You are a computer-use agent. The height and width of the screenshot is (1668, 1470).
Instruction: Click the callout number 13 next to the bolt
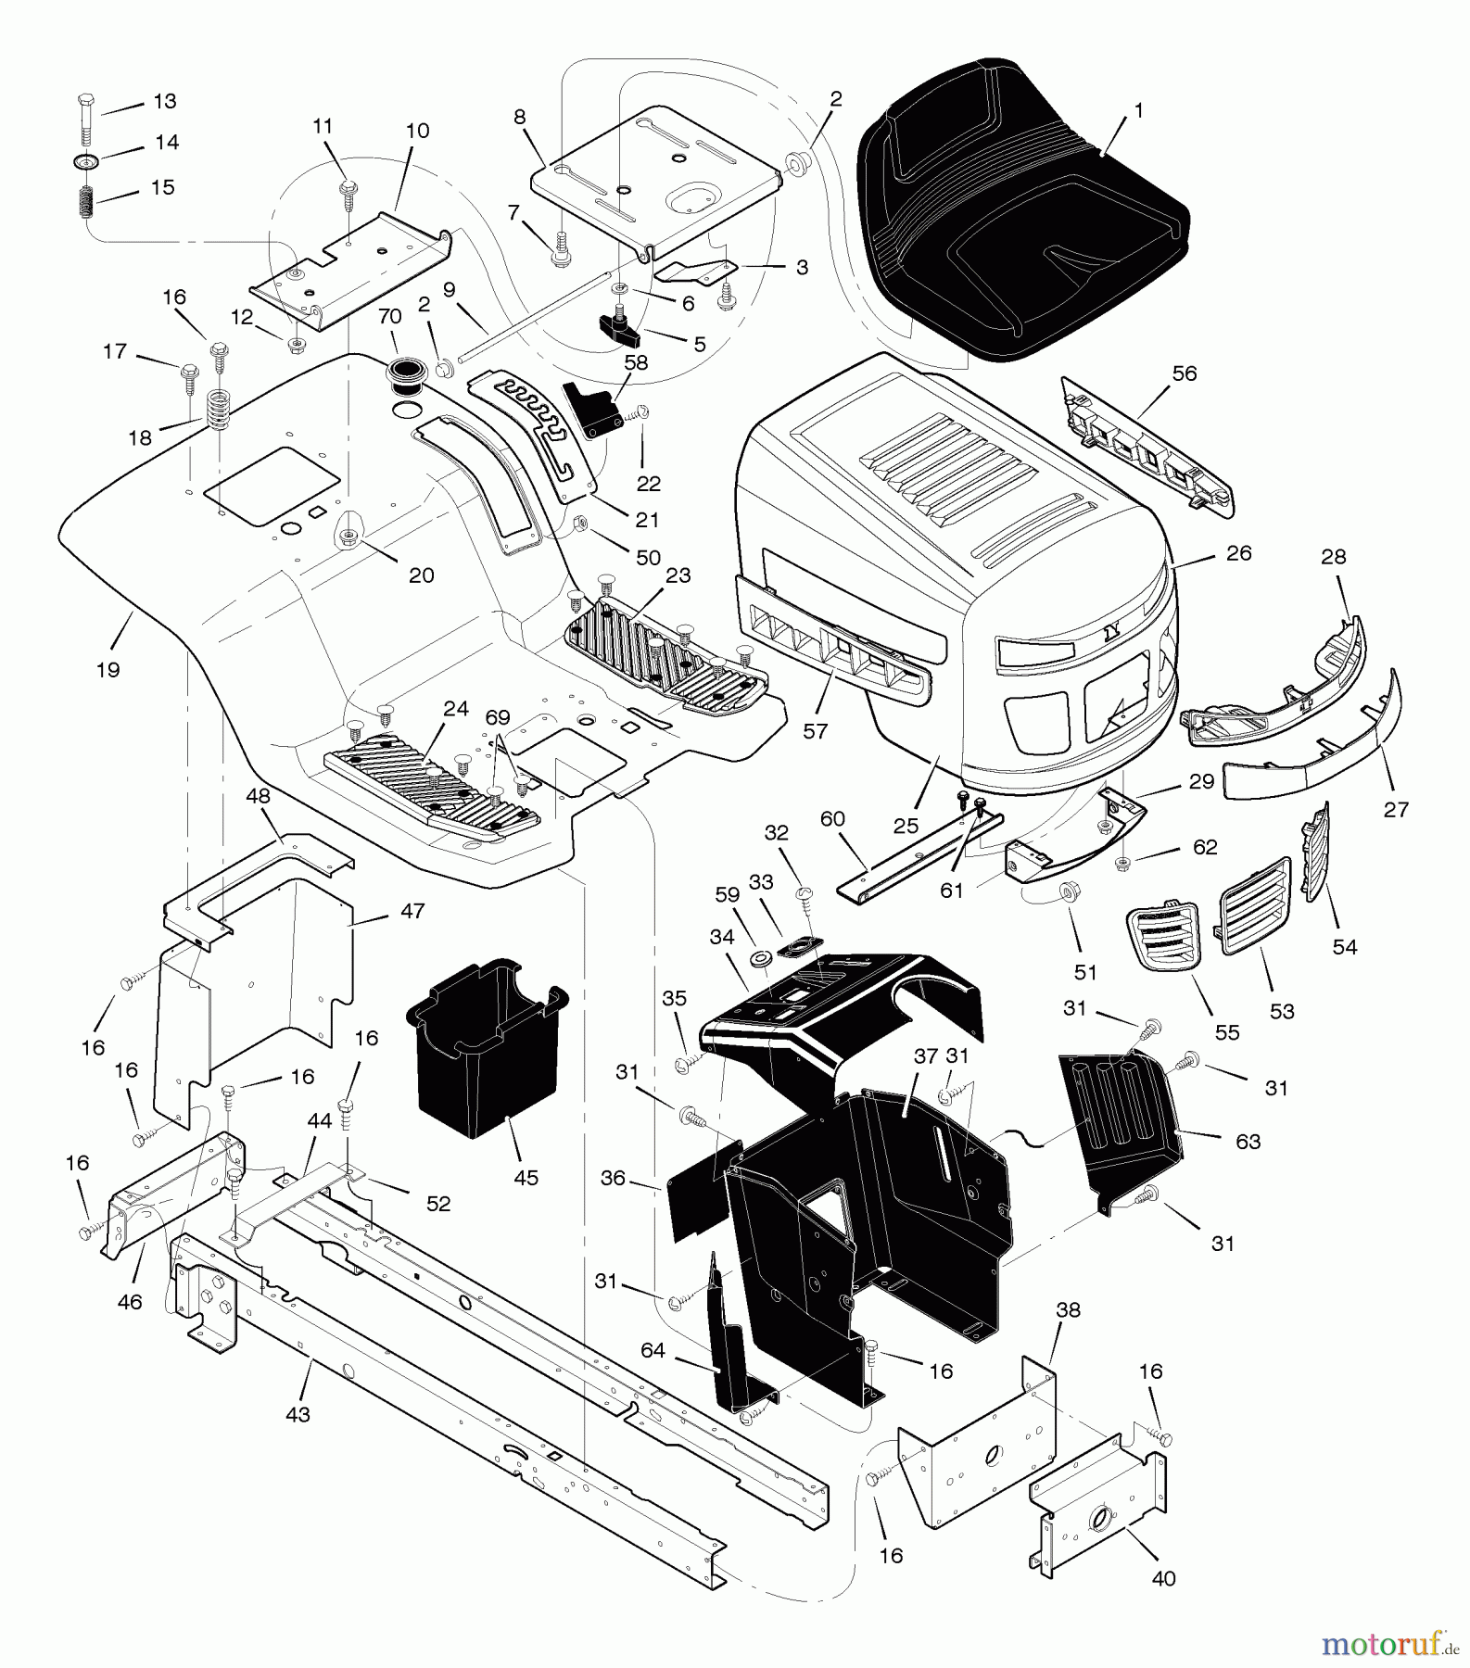point(164,101)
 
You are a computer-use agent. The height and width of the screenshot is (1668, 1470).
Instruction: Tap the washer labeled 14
point(87,162)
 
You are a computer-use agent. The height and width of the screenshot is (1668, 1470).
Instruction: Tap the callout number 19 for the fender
point(108,669)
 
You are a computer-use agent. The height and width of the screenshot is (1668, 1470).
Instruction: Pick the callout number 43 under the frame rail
point(298,1415)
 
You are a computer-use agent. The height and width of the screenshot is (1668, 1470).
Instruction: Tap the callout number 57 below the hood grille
point(815,731)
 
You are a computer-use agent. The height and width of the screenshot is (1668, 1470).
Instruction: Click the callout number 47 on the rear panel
point(412,911)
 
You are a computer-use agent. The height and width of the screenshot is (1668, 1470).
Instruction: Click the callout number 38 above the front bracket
point(1069,1310)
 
